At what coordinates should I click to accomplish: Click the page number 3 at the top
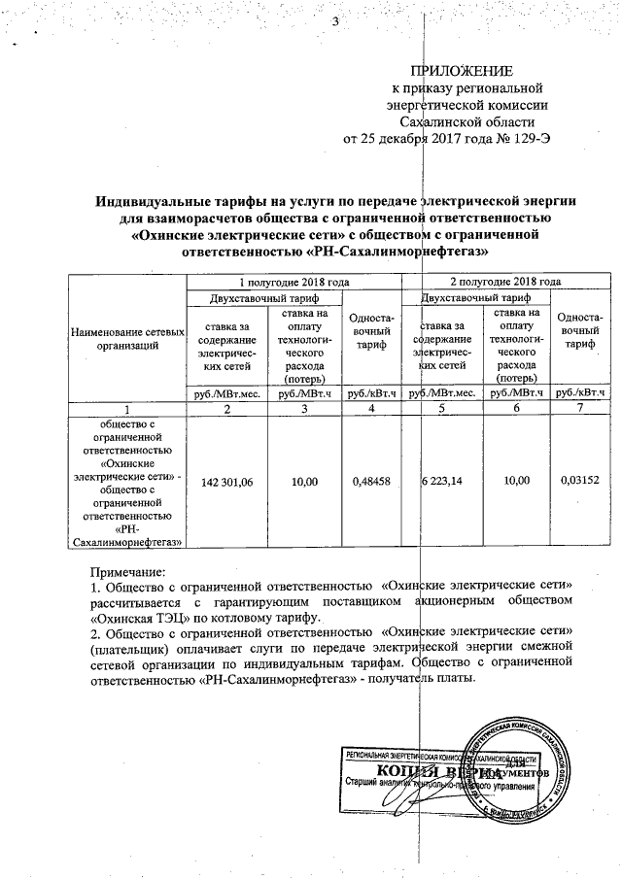(334, 22)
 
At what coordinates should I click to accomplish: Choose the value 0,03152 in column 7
(582, 482)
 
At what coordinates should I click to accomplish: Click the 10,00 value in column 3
(304, 482)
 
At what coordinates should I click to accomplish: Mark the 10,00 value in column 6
(516, 482)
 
